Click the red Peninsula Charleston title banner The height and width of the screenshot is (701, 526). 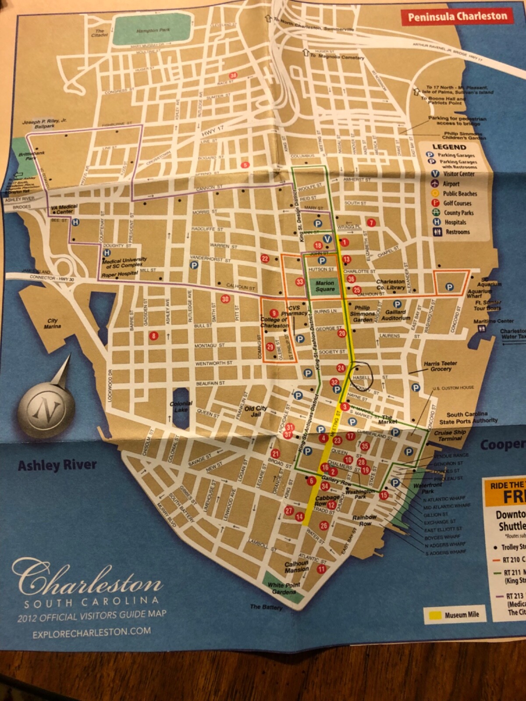[457, 17]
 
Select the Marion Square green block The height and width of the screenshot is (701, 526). [325, 286]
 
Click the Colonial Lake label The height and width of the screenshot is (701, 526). [181, 406]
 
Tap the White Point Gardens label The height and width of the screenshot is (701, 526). [284, 588]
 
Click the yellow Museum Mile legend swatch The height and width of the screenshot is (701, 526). [434, 615]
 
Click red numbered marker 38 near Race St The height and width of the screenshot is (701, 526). [234, 75]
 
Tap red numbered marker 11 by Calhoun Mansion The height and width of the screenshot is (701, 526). [322, 569]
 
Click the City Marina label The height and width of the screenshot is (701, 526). [53, 323]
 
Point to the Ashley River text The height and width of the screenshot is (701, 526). [57, 465]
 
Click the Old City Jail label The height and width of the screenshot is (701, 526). [256, 411]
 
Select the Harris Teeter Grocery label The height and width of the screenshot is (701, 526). [440, 366]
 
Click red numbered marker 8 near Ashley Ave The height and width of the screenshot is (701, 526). [153, 336]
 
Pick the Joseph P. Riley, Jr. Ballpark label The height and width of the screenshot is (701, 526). [44, 123]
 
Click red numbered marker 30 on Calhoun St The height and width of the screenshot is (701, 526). [225, 299]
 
